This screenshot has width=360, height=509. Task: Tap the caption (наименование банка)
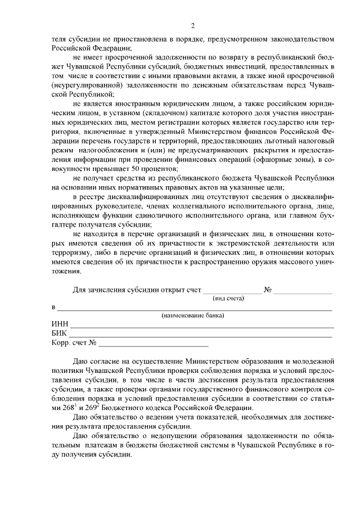click(192, 316)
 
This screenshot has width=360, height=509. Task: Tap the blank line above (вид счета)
click(232, 292)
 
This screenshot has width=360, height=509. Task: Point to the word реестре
click(91, 196)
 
